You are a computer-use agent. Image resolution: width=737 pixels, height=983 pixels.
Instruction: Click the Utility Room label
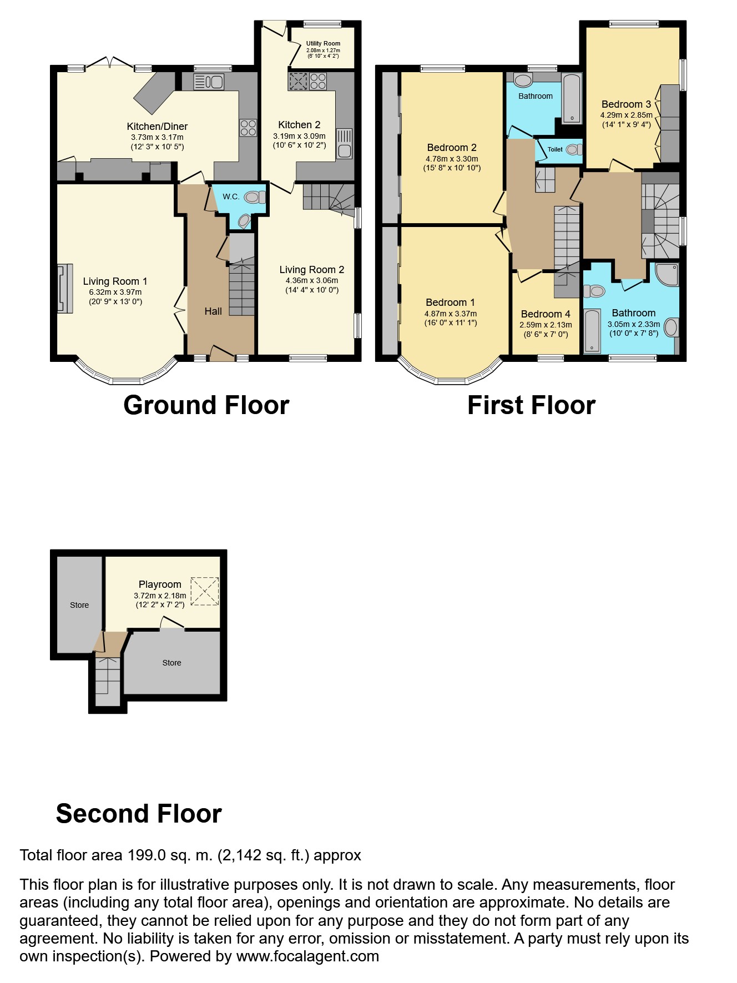pos(323,43)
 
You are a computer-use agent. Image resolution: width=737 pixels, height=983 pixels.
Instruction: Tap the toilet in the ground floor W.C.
pos(255,196)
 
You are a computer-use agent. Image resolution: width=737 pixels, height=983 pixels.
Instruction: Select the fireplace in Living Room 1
pos(65,289)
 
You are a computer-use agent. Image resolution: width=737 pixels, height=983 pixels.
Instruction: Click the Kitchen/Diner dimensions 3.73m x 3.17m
pos(157,137)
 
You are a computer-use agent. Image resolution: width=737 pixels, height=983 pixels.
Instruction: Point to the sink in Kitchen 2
pos(344,144)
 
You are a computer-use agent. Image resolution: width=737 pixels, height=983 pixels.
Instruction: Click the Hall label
pos(213,311)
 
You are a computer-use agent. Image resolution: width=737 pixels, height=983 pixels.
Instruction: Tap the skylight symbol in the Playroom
pos(205,591)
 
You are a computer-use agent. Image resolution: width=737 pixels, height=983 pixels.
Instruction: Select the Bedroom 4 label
pos(546,314)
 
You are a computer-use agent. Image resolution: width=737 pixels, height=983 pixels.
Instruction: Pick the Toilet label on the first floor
pos(555,149)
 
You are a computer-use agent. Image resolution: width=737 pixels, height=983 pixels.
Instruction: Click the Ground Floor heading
pos(206,405)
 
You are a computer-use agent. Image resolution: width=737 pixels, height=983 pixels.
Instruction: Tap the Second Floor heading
pos(139,814)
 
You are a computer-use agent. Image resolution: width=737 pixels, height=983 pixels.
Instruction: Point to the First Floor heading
pos(531,405)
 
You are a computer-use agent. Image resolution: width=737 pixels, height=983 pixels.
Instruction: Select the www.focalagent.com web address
pos(307,956)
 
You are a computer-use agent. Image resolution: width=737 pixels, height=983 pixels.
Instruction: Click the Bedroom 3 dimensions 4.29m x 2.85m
pos(626,115)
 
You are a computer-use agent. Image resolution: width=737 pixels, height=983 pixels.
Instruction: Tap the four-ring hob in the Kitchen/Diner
pos(248,128)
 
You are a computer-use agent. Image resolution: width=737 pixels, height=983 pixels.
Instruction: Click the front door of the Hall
pos(221,354)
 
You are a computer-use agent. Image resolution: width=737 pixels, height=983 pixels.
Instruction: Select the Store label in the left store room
pos(79,605)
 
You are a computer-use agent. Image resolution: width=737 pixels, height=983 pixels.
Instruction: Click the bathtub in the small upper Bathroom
pos(572,99)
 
